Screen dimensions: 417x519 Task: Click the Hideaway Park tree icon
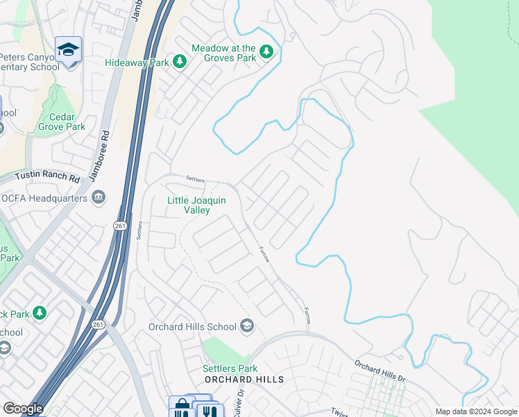[180, 62]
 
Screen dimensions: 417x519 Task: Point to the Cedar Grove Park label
[62, 122]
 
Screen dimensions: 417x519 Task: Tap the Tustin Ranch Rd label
[40, 178]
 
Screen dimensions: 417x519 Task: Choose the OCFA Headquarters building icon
[99, 198]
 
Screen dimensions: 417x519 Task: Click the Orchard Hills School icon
[246, 326]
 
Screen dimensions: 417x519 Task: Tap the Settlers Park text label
[230, 368]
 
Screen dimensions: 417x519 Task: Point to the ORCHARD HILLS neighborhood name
[244, 379]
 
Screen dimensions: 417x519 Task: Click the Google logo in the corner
[23, 409]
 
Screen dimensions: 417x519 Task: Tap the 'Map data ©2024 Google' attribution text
[475, 411]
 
